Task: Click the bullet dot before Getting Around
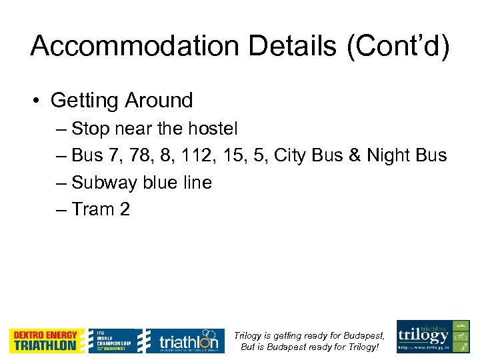pos(39,101)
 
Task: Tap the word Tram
pos(93,210)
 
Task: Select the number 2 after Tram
pos(125,210)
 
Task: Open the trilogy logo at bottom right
pos(433,336)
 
